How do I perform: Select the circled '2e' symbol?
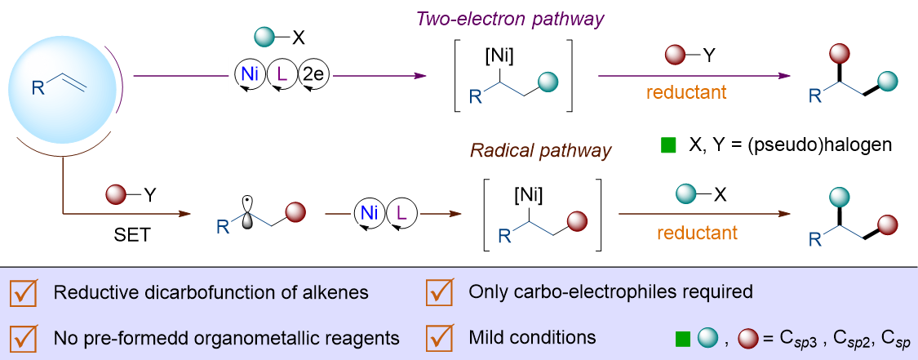click(313, 75)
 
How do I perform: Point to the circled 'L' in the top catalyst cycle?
click(282, 75)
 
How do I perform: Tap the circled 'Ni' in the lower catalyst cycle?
click(364, 215)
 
